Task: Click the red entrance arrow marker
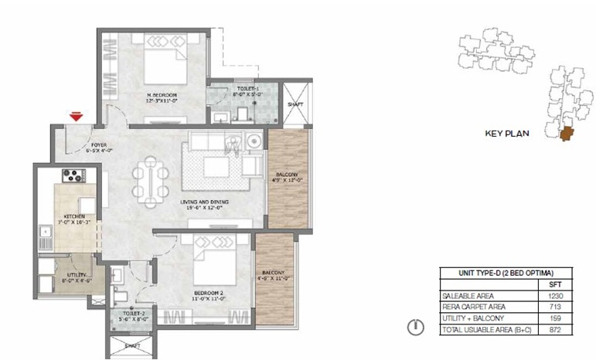(76, 117)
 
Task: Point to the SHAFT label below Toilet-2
(131, 347)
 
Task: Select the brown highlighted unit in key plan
(570, 135)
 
